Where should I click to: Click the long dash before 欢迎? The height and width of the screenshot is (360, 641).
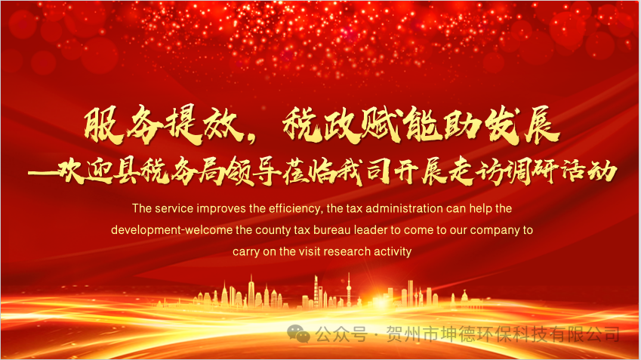[x=42, y=173]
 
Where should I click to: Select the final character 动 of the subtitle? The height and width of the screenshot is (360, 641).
[x=602, y=171]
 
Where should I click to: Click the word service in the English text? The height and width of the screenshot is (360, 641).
[x=174, y=209]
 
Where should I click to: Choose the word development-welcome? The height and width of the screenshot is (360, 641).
[x=171, y=230]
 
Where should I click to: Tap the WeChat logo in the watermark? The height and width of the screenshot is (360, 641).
[x=298, y=334]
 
